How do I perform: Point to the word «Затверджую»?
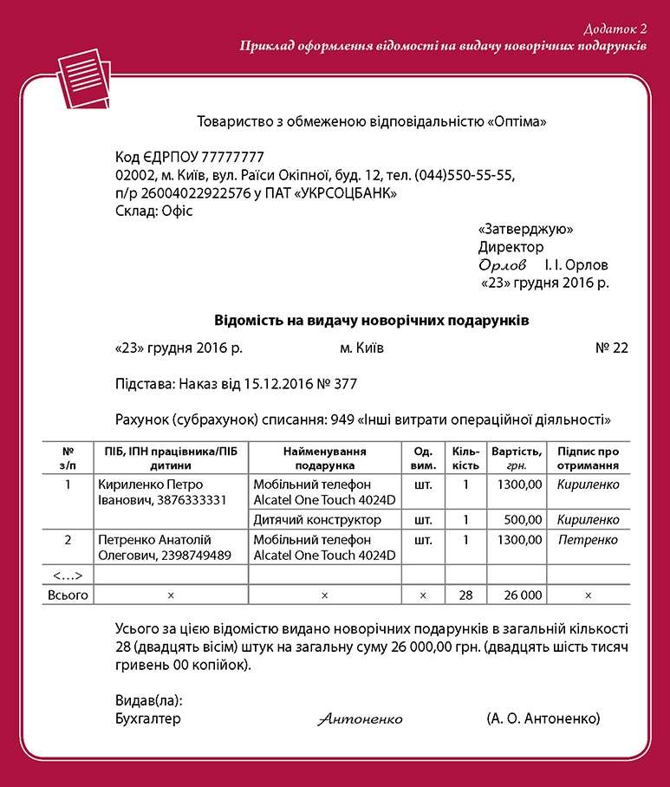[x=525, y=230]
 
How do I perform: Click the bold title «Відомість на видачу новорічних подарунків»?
[x=372, y=321]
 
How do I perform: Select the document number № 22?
[x=612, y=348]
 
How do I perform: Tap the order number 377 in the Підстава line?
[x=345, y=384]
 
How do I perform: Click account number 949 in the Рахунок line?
[x=341, y=420]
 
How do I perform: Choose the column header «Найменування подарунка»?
[x=324, y=458]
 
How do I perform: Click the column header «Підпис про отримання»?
[x=588, y=458]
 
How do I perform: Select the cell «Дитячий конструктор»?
[x=317, y=520]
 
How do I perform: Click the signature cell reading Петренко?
[x=588, y=540]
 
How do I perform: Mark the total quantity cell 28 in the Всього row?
[x=465, y=595]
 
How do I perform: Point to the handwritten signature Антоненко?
[x=360, y=719]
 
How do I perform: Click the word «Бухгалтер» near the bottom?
[x=148, y=719]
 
